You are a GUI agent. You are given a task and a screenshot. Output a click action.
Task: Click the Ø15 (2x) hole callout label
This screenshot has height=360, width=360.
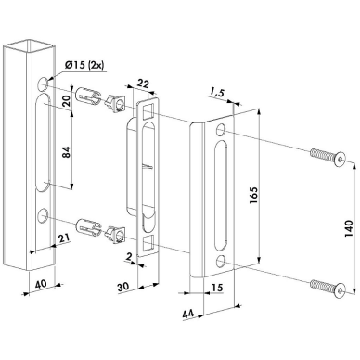click(84, 65)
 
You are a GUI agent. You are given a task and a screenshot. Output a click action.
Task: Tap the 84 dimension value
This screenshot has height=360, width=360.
click(67, 151)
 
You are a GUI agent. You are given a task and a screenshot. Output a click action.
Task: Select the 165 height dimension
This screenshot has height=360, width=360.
click(252, 196)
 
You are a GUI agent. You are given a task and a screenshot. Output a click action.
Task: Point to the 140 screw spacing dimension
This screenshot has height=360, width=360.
click(349, 228)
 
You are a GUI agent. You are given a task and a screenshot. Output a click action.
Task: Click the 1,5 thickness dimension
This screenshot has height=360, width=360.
click(216, 93)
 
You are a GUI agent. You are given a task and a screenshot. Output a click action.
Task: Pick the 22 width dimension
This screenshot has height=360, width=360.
click(143, 84)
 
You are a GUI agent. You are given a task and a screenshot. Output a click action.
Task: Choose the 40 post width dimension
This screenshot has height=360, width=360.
click(40, 283)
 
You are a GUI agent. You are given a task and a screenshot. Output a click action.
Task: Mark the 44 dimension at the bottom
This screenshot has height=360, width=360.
click(188, 314)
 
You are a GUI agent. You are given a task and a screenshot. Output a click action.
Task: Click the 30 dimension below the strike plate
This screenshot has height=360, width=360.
click(123, 287)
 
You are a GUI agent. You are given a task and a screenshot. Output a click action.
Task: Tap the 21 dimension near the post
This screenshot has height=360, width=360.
click(64, 238)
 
